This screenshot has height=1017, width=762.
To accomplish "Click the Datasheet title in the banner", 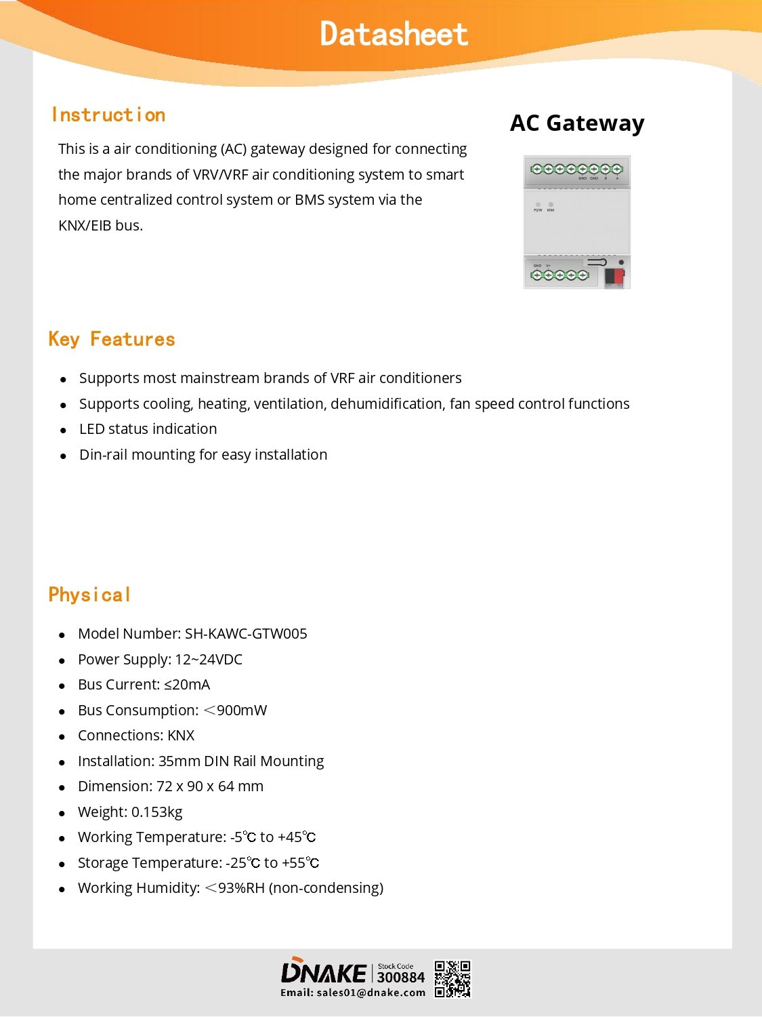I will (x=394, y=34).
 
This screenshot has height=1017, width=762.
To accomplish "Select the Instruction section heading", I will (x=108, y=115).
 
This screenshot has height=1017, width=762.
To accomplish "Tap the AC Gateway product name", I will (x=577, y=123).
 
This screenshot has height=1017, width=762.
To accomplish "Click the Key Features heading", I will (x=112, y=339).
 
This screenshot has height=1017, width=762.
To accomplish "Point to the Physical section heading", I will (x=89, y=595).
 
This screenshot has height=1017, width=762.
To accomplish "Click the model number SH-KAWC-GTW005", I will (x=246, y=633).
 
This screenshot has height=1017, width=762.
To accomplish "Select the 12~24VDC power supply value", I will (x=209, y=659).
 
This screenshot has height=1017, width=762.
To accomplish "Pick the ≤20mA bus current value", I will (x=187, y=685).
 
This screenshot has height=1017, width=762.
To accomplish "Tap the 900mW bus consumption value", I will (x=242, y=710).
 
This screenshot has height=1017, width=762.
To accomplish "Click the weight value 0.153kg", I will (x=156, y=812).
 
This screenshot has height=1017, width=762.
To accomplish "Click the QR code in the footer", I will (x=452, y=979).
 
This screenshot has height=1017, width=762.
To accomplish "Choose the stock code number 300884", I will (x=400, y=977).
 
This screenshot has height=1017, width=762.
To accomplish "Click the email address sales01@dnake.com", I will (x=371, y=993).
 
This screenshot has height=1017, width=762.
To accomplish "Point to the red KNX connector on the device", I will (x=614, y=276).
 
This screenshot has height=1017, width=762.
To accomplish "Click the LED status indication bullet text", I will (x=148, y=429).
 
